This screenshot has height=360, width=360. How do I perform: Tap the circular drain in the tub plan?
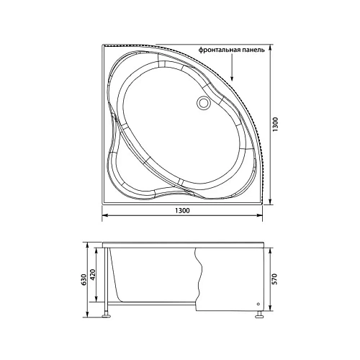pyautogui.click(x=204, y=104)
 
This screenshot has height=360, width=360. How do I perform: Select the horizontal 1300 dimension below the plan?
pyautogui.click(x=182, y=210)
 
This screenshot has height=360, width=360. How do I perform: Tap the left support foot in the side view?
pyautogui.click(x=108, y=313)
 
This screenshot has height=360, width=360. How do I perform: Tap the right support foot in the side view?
pyautogui.click(x=256, y=313)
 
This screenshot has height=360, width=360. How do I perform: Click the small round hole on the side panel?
pyautogui.click(x=256, y=303)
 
